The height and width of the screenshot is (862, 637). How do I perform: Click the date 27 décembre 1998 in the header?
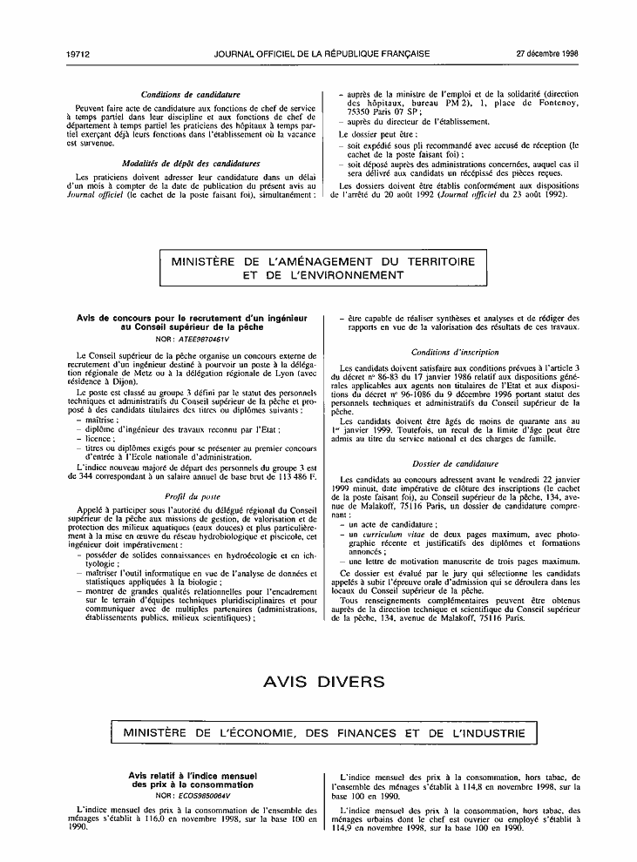coord(548,53)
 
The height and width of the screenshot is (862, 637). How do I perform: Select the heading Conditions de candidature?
coord(191,94)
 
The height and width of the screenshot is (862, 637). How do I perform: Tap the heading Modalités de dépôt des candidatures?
coord(191,164)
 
